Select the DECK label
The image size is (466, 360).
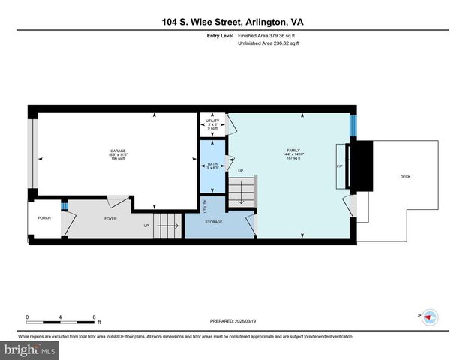[x=405, y=177]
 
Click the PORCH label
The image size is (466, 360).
[x=44, y=219]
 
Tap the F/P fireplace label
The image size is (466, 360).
[x=340, y=166]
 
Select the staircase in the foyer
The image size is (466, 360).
[x=167, y=225]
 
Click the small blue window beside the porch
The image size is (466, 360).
[x=65, y=206]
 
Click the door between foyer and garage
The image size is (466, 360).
[x=116, y=202]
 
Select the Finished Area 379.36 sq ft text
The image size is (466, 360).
[x=268, y=35]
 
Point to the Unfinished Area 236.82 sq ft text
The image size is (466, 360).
[x=268, y=43]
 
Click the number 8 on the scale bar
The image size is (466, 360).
[x=95, y=316]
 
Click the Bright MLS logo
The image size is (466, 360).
[x=29, y=349]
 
